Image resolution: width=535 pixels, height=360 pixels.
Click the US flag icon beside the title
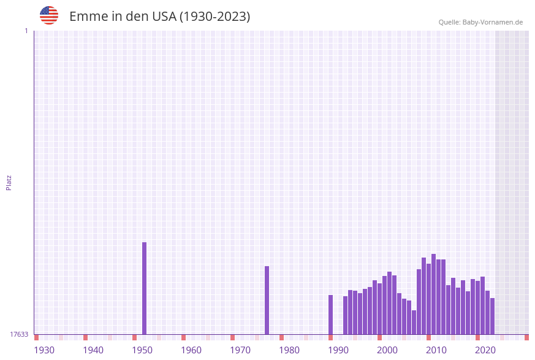49,15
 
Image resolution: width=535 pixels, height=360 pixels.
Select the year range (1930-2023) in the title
214,17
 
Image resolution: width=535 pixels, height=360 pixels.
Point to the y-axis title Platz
9,182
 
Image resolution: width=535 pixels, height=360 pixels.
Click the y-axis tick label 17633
19,334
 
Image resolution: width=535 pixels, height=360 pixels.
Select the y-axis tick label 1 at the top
26,31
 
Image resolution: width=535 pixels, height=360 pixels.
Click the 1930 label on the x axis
44,350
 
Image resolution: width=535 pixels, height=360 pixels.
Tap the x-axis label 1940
93,350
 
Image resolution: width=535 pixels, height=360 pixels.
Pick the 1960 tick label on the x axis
191,350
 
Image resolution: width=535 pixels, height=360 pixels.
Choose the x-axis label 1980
289,350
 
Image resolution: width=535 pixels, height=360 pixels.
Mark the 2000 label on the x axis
387,350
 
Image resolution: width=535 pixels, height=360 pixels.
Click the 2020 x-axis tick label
485,350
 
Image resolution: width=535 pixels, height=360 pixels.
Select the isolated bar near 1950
145,288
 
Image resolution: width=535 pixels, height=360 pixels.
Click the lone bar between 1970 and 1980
267,301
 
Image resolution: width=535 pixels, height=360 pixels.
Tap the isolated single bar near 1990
331,315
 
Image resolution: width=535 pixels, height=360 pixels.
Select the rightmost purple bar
492,316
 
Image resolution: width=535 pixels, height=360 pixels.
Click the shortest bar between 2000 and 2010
414,322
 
